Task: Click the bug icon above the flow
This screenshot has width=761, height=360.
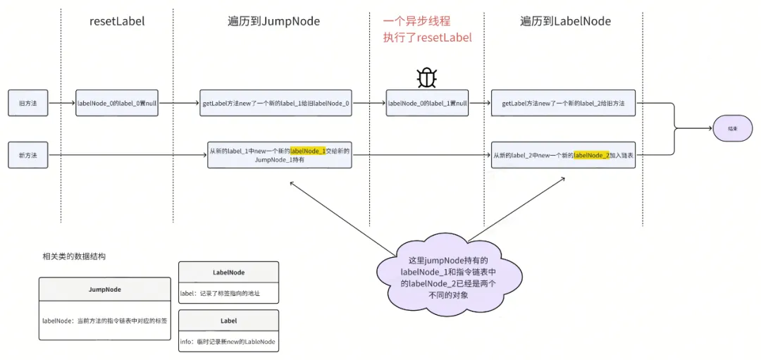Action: [427, 77]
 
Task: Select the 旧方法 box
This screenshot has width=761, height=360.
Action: [28, 103]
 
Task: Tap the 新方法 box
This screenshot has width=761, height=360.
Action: [28, 154]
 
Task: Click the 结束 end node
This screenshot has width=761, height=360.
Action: [733, 129]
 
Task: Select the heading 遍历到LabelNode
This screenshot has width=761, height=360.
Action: [565, 21]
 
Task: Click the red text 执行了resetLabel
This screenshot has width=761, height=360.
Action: [427, 37]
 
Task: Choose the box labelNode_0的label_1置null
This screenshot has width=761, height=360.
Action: [427, 103]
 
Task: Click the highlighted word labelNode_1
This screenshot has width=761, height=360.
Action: [308, 150]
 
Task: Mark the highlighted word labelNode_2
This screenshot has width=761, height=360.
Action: [591, 155]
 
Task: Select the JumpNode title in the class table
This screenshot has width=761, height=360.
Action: [104, 289]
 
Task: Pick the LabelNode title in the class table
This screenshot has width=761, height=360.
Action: [228, 272]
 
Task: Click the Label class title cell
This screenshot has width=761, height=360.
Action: [228, 320]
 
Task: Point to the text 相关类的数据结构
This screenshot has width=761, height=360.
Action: [74, 256]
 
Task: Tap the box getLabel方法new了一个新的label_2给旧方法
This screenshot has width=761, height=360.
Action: [564, 103]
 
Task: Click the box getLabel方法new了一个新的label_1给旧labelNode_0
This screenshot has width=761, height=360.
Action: [276, 103]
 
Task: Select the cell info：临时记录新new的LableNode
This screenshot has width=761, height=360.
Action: [228, 342]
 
